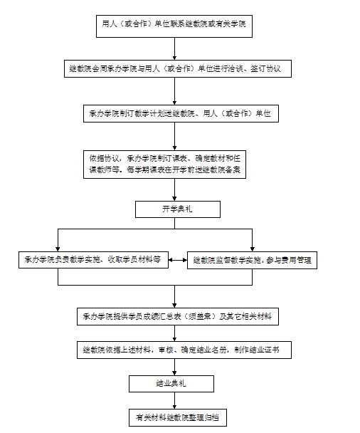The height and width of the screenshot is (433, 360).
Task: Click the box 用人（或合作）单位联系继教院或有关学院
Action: pyautogui.click(x=174, y=26)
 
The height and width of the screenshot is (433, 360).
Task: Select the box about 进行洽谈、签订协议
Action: pyautogui.click(x=178, y=69)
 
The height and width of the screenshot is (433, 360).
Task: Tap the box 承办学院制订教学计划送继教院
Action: pyautogui.click(x=181, y=113)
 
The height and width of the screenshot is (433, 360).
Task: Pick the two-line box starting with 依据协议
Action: pyautogui.click(x=164, y=165)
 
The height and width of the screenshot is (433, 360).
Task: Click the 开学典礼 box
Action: pyautogui.click(x=178, y=209)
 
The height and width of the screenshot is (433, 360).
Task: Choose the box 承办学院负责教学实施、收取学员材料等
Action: pyautogui.click(x=93, y=260)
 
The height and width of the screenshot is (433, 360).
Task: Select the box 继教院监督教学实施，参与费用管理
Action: pyautogui.click(x=252, y=260)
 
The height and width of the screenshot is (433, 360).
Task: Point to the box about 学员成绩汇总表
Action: pyautogui.click(x=178, y=316)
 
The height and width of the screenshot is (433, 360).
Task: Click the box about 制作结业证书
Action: pyautogui.click(x=184, y=350)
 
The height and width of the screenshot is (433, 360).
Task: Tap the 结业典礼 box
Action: pyautogui.click(x=171, y=384)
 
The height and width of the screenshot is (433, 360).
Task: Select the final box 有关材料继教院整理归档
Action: pyautogui.click(x=178, y=417)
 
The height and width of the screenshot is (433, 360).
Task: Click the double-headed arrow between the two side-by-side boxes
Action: pyautogui.click(x=178, y=260)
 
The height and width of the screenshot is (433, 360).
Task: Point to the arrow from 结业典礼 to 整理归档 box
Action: pyautogui.click(x=174, y=400)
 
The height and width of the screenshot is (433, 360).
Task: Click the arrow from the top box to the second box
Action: pyautogui.click(x=174, y=49)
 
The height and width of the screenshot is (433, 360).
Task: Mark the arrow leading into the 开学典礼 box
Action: pyautogui.click(x=174, y=189)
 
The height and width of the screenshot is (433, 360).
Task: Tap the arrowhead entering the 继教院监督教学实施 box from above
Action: pyautogui.click(x=252, y=249)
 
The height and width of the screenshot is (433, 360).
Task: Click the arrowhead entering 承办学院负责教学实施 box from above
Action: pyautogui.click(x=58, y=249)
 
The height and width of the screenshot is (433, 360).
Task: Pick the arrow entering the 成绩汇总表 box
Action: pyautogui.click(x=174, y=296)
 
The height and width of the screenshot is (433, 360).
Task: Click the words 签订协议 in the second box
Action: pyautogui.click(x=265, y=69)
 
